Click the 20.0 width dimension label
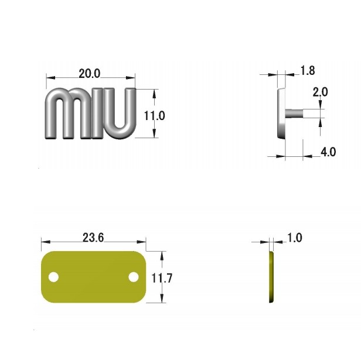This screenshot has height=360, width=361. [x=90, y=74]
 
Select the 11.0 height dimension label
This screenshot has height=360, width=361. [x=154, y=116]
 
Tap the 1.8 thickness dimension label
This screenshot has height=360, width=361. [x=308, y=71]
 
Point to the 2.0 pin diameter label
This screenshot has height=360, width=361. [x=320, y=92]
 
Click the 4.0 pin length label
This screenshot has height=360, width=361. [x=328, y=152]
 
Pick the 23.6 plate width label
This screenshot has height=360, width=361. [x=93, y=238]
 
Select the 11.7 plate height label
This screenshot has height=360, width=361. [x=162, y=278]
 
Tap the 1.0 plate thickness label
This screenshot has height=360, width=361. [x=295, y=238]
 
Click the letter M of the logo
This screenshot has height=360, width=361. [x=68, y=114]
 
